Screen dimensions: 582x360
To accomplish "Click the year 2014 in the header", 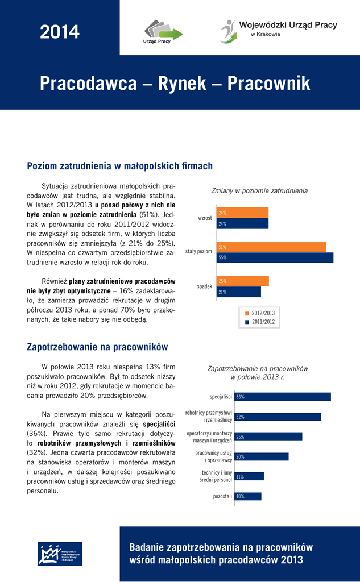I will (60, 32).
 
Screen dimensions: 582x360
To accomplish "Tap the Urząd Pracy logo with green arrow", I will (163, 32).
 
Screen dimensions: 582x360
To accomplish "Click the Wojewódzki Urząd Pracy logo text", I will (288, 25).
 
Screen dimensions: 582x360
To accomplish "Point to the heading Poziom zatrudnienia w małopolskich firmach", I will (120, 166).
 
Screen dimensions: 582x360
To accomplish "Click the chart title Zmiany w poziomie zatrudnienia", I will (259, 190).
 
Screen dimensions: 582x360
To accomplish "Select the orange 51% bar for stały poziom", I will (271, 247).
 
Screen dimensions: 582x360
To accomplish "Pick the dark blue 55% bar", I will (275, 257).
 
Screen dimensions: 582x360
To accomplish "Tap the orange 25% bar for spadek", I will (243, 281).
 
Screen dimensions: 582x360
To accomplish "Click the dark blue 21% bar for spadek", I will (239, 292).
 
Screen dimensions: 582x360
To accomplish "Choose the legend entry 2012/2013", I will (260, 313).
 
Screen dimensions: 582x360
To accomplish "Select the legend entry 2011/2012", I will (260, 322).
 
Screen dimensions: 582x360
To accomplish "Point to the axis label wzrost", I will (205, 218).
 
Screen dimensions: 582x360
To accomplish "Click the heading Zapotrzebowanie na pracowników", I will (97, 347).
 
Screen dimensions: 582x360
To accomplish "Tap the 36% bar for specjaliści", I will (282, 397).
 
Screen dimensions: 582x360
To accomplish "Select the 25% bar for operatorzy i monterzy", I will (268, 436).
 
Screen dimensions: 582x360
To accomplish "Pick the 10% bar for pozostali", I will (247, 496).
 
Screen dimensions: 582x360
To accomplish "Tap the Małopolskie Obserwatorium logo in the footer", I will (60, 554).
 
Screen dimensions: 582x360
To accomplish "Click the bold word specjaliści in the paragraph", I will (159, 424).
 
